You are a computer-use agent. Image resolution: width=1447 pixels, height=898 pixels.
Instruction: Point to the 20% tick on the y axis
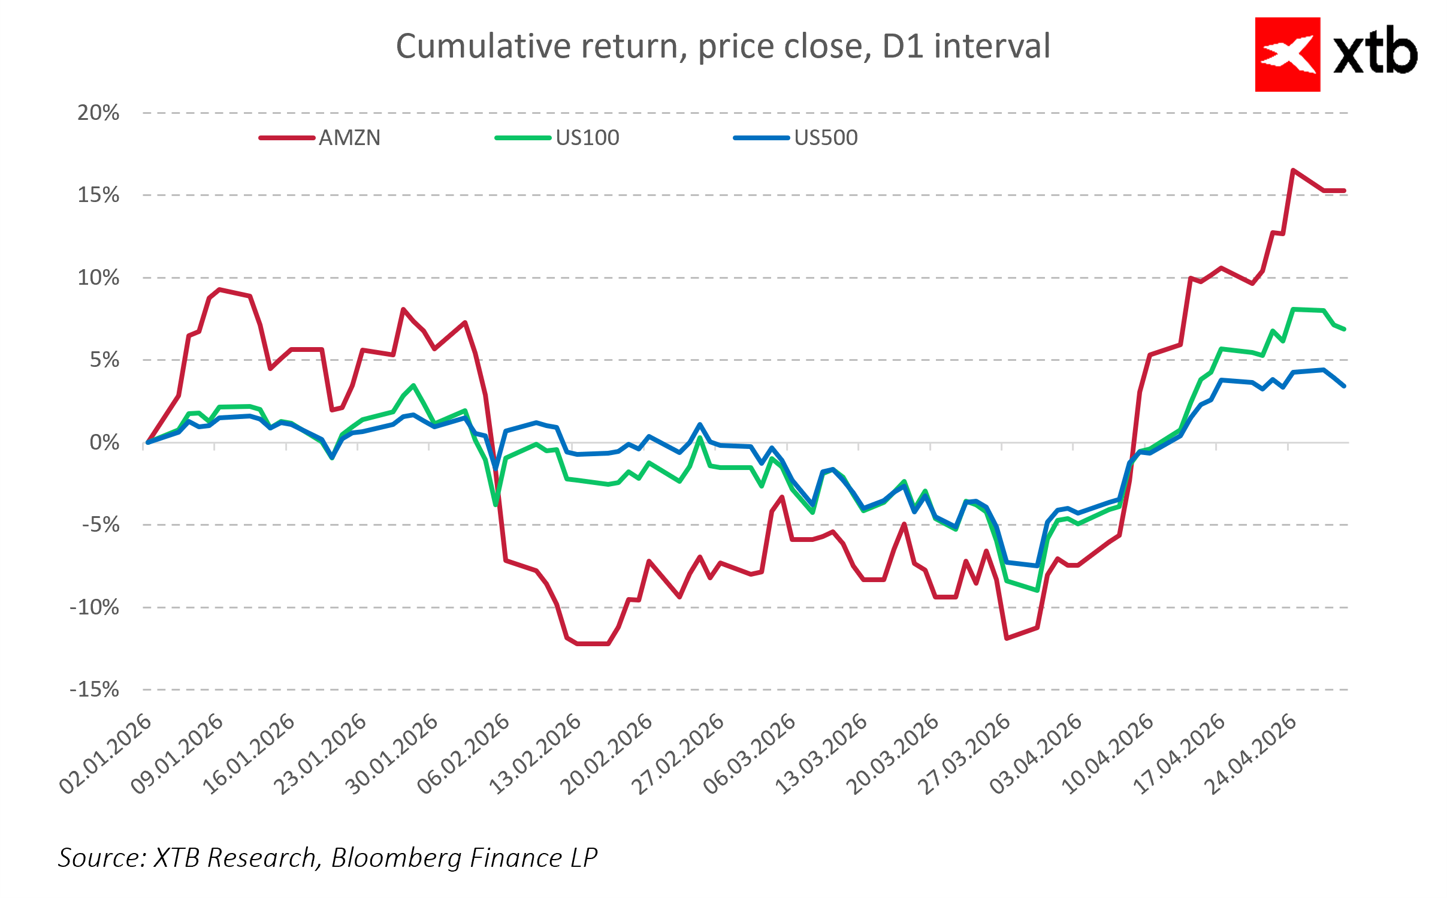tap(98, 113)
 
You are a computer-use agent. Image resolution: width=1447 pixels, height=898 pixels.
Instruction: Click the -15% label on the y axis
tap(95, 689)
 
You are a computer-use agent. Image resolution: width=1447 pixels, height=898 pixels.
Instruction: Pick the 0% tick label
tap(104, 443)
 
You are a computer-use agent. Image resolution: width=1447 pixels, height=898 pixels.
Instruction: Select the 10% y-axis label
tap(98, 278)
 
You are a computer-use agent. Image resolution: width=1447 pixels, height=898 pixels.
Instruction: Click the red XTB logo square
tap(1287, 55)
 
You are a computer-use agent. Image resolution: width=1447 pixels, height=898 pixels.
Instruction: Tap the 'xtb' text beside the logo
tap(1375, 53)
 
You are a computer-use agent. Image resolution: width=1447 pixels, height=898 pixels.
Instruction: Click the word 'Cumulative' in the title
tap(482, 46)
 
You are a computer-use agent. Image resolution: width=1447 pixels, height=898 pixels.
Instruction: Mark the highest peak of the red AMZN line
tap(1293, 170)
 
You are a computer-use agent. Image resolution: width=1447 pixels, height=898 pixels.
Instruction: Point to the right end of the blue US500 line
tap(1344, 386)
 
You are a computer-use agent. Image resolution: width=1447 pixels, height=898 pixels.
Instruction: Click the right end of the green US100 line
tap(1344, 329)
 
